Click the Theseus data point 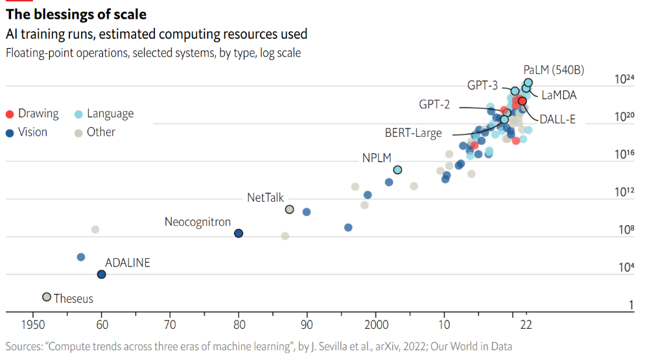pos(46,296)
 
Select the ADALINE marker pos(101,274)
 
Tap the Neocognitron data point pos(239,234)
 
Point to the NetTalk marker pos(290,209)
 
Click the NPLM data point pos(397,170)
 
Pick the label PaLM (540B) pos(553,70)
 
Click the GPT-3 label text pos(482,86)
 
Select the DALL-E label pos(558,119)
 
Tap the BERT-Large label pos(413,133)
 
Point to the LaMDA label pos(559,95)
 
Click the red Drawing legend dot pos(10,114)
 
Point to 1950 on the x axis pos(32,324)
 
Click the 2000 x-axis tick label pos(376,324)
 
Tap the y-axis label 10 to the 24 pos(624,79)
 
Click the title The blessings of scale pos(76,14)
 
